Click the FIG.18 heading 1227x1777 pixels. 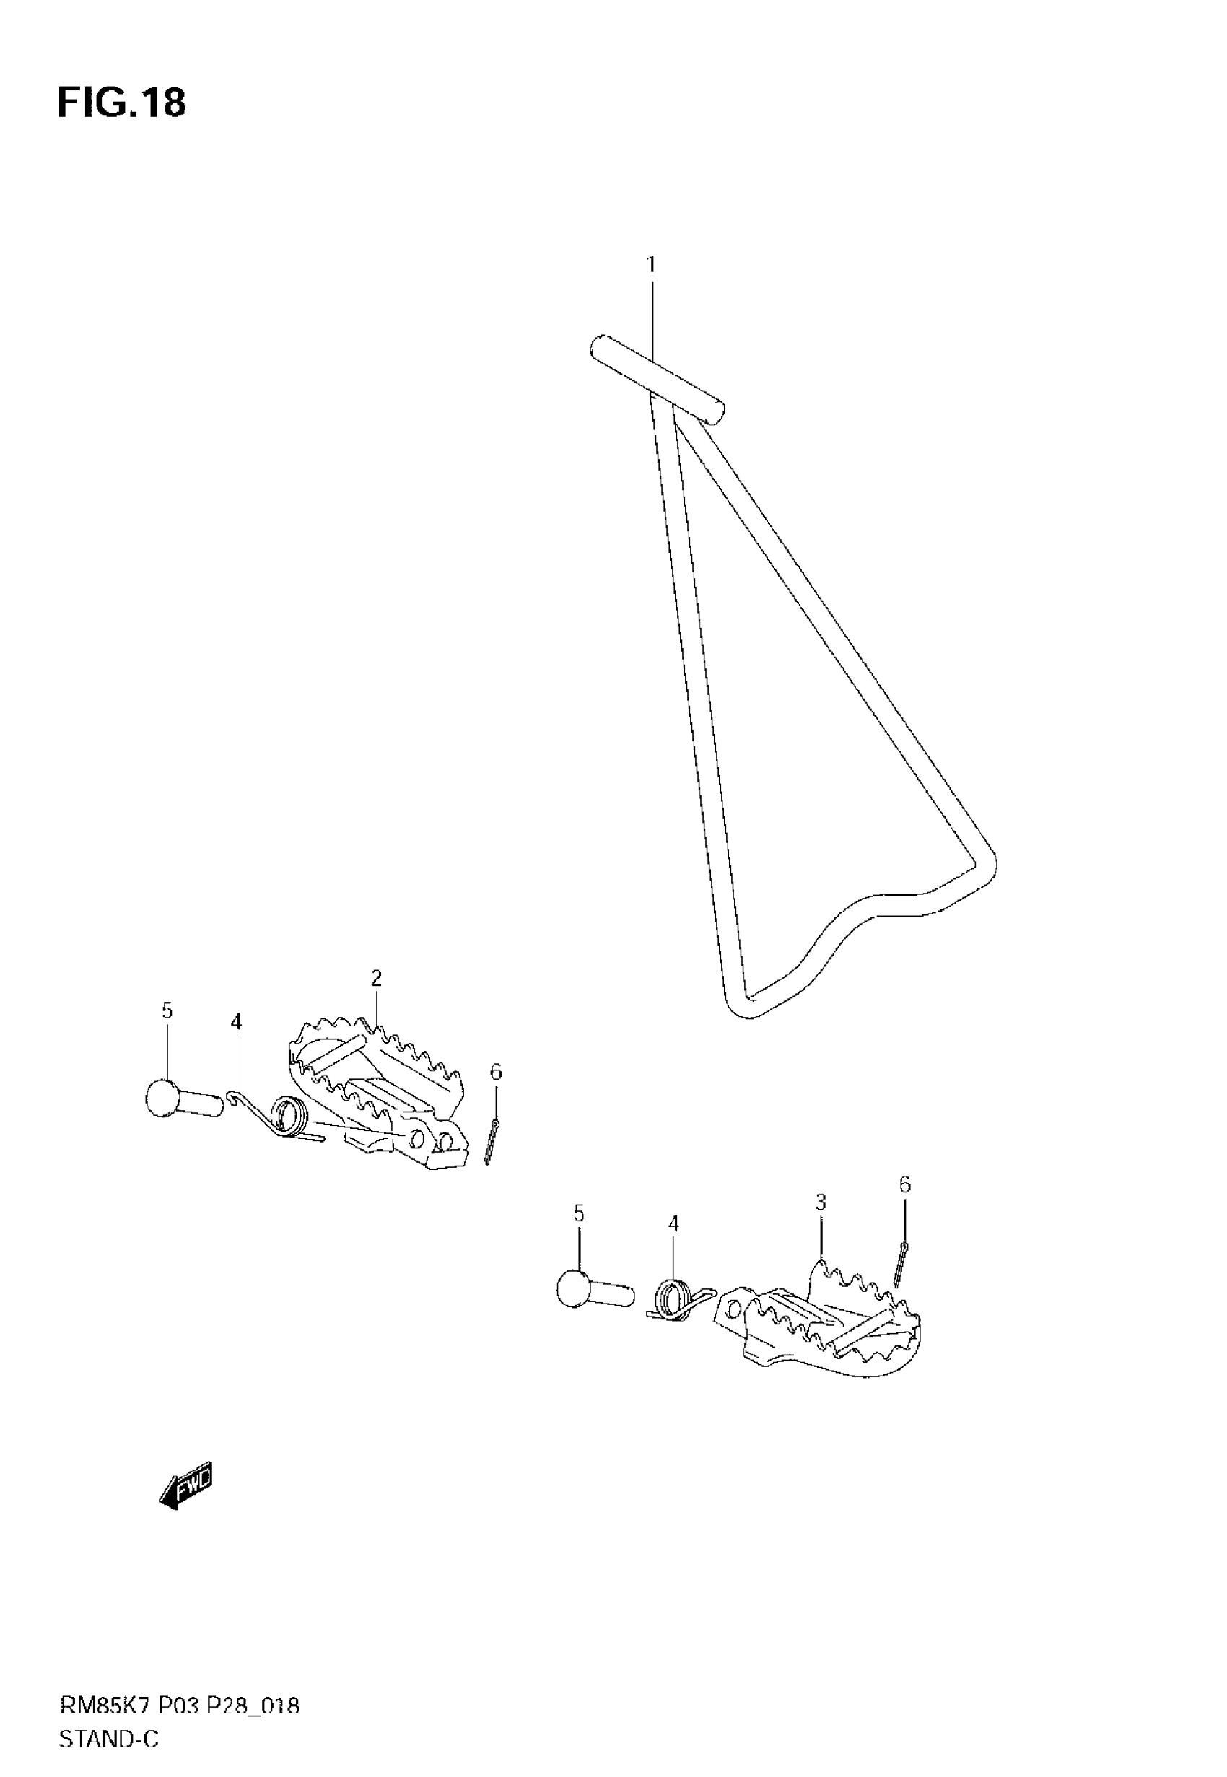[121, 103]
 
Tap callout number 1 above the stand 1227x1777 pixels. [651, 265]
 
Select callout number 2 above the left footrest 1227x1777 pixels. [376, 978]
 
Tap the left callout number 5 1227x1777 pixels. [167, 1011]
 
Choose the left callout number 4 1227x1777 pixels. [236, 1021]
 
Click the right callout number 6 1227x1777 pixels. [904, 1185]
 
